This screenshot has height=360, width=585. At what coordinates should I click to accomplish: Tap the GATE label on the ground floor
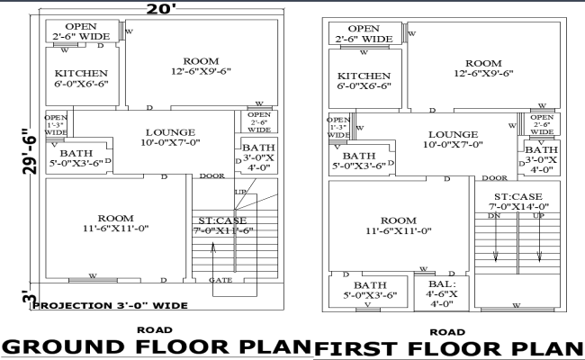click(x=221, y=281)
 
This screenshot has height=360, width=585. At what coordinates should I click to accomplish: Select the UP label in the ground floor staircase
click(x=240, y=193)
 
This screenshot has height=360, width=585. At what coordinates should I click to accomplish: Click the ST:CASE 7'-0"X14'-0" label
click(x=517, y=202)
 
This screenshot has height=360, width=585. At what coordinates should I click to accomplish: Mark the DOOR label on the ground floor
click(x=212, y=176)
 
